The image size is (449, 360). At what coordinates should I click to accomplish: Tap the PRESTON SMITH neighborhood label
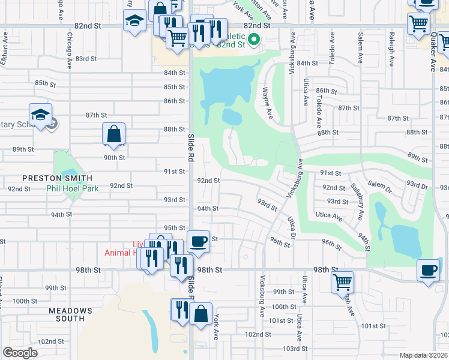58,178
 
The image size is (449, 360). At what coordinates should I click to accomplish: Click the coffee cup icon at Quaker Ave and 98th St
427,270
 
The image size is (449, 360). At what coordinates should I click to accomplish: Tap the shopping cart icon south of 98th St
342,281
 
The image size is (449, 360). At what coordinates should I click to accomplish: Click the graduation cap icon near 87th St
40,115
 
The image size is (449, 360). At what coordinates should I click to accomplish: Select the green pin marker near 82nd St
254,41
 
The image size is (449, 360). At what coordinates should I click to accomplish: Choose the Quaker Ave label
434,57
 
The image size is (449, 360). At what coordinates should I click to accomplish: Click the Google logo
20,353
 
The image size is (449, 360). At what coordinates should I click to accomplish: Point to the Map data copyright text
423,355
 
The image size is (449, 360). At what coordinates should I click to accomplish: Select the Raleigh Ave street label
391,54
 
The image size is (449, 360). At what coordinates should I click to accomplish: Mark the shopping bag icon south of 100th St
202,314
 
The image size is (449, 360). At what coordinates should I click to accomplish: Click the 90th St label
114,157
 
